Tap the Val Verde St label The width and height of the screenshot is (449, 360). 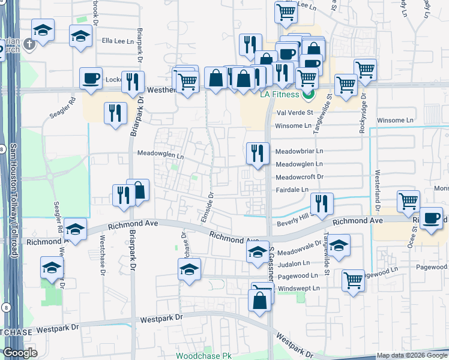coord(294,112)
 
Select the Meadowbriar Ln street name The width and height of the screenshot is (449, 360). coord(299,151)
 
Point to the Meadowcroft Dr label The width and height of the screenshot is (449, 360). coord(299,177)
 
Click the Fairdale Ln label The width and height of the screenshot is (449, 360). coord(293,190)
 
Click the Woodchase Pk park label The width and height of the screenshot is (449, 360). coord(203,356)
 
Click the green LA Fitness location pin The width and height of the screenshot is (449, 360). coord(309,94)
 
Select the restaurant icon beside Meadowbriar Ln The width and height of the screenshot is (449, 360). coord(258,154)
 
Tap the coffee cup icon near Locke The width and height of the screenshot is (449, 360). coord(91,79)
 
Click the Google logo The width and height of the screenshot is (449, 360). coord(20,353)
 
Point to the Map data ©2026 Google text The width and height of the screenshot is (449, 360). coord(411,356)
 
